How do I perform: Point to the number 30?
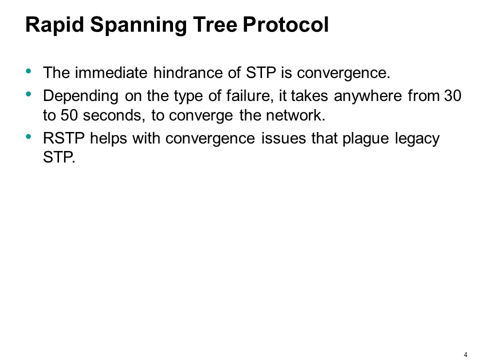pyautogui.click(x=453, y=95)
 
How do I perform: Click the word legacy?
pyautogui.click(x=418, y=139)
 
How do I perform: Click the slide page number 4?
pyautogui.click(x=465, y=354)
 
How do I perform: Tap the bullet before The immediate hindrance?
pyautogui.click(x=28, y=71)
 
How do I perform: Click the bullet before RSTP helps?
pyautogui.click(x=28, y=136)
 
